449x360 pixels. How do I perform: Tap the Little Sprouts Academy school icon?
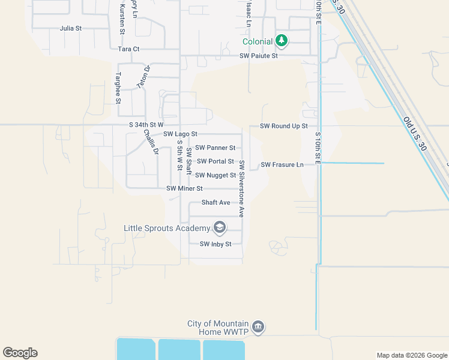click(x=220, y=227)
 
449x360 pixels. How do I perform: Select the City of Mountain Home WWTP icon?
click(x=259, y=326)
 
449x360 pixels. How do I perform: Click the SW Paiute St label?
click(x=259, y=56)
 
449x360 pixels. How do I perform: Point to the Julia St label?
click(x=70, y=28)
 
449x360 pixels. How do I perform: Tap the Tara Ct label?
click(x=128, y=49)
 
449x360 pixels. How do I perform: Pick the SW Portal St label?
click(x=215, y=161)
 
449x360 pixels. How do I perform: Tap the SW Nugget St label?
click(x=215, y=175)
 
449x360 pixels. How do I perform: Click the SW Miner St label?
click(x=185, y=188)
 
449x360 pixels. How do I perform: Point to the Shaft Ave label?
click(x=215, y=203)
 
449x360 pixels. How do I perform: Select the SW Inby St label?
click(x=215, y=244)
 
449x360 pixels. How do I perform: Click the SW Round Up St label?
click(x=283, y=126)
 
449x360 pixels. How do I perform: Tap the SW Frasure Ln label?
click(x=282, y=164)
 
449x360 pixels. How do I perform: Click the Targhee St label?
click(x=118, y=88)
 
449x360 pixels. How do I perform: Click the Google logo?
click(x=20, y=353)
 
